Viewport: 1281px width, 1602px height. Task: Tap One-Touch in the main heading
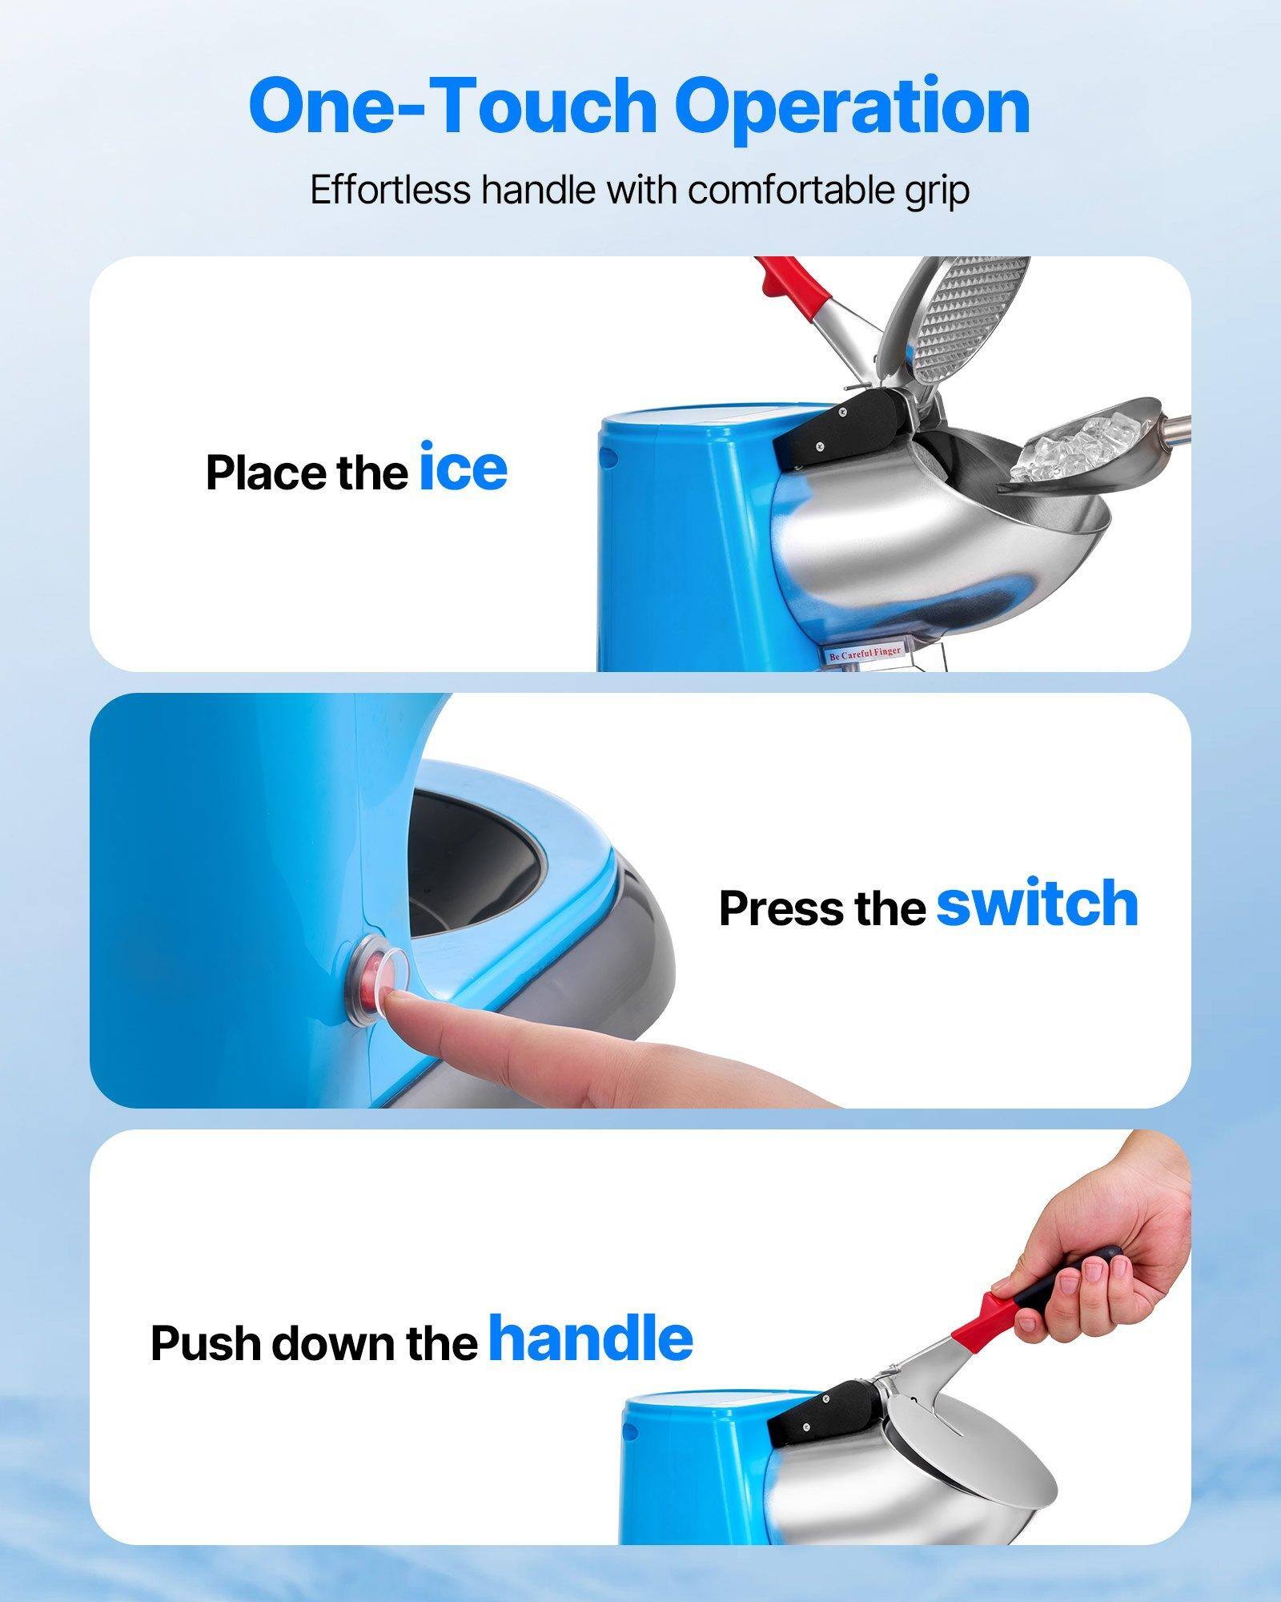(452, 107)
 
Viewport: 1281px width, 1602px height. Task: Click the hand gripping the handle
(1105, 1250)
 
